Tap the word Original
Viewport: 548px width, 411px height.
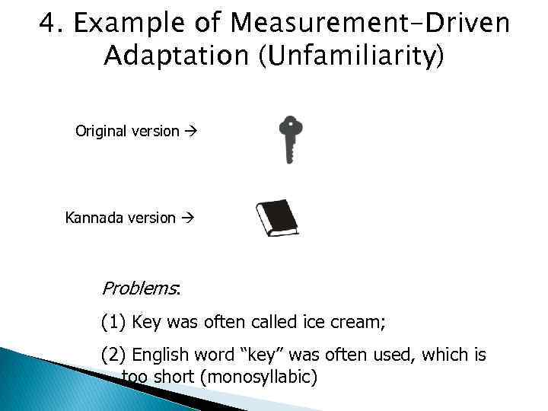click(100, 131)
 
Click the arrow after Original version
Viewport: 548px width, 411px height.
click(190, 131)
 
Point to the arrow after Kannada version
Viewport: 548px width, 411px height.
click(189, 218)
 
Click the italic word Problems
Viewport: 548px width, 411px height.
click(139, 288)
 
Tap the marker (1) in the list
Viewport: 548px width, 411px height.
click(114, 322)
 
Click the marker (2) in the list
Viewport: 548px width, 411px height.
click(114, 355)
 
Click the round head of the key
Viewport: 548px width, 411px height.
click(290, 126)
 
